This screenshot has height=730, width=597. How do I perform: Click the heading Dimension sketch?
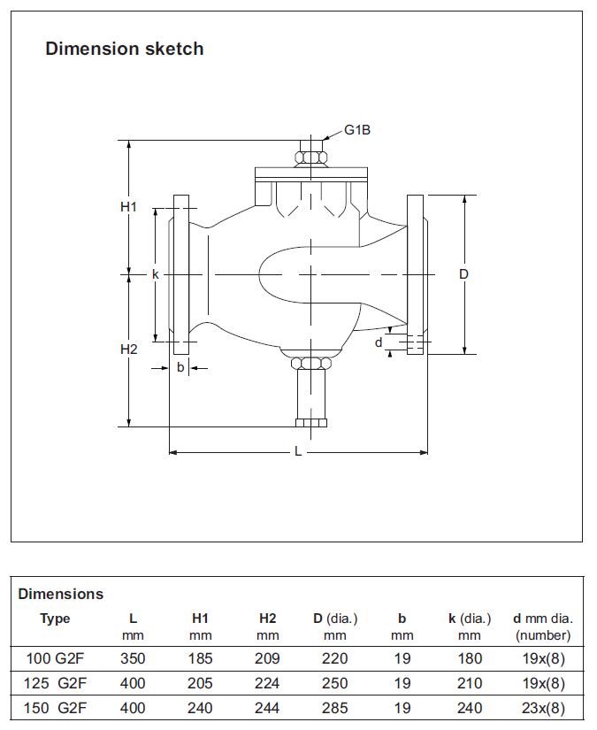tap(124, 49)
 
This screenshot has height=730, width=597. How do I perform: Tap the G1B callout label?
tap(357, 130)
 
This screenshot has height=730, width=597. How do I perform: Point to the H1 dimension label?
tap(128, 207)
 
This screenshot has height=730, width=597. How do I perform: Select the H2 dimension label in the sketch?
tap(128, 350)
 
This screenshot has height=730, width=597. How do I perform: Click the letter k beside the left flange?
tap(156, 274)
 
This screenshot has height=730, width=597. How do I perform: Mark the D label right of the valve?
tap(463, 274)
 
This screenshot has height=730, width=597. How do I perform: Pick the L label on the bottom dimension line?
tap(298, 451)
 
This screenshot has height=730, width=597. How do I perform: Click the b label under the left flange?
tap(180, 367)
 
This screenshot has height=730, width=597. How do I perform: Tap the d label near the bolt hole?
tap(379, 342)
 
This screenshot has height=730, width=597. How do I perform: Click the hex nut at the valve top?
tap(310, 158)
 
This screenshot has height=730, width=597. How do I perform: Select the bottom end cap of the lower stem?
tap(310, 423)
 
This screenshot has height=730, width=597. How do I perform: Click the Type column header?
tap(55, 619)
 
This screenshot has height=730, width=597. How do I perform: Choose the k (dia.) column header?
tap(470, 619)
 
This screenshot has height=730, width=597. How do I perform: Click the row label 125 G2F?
tap(55, 683)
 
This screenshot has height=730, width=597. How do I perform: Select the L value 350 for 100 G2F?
tap(133, 658)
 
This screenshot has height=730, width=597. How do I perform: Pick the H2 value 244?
tap(267, 708)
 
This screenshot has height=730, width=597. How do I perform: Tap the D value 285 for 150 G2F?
tap(334, 708)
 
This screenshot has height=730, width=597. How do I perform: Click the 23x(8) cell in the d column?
tap(543, 708)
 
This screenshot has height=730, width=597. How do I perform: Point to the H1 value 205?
tap(200, 683)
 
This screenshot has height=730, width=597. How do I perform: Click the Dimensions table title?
tap(60, 594)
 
